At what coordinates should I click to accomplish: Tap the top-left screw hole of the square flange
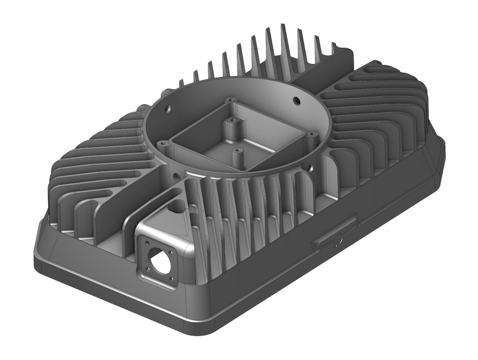(x=146, y=243)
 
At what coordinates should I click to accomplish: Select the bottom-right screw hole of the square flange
(x=171, y=279)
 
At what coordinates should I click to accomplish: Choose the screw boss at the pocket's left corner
(x=162, y=143)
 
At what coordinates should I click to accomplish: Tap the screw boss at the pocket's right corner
(x=312, y=135)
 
